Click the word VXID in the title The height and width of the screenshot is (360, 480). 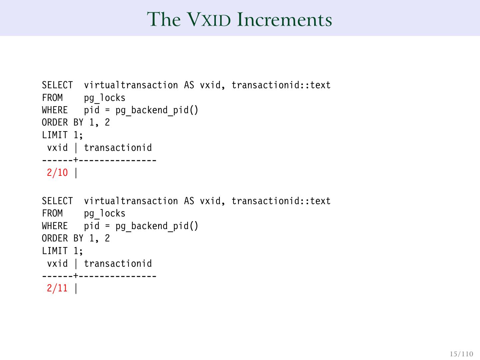click(x=208, y=19)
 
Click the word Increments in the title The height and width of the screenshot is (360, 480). click(x=284, y=19)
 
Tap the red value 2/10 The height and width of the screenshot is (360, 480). click(x=57, y=173)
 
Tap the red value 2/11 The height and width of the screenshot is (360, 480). click(x=57, y=288)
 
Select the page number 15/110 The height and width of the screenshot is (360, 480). click(x=461, y=354)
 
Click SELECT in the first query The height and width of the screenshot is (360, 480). click(x=57, y=85)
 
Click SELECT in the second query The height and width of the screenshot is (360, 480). click(x=57, y=201)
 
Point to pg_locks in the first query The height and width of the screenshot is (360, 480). click(x=105, y=98)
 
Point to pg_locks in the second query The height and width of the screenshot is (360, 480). click(x=105, y=213)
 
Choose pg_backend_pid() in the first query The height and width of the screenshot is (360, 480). click(x=157, y=110)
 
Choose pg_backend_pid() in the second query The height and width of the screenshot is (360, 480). click(x=157, y=226)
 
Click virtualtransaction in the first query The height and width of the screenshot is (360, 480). click(x=131, y=85)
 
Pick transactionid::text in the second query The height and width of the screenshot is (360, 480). click(x=281, y=201)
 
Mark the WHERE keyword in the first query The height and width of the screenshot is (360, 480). click(x=55, y=110)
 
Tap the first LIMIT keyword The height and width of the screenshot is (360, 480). click(x=55, y=135)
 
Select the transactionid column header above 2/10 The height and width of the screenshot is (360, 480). click(x=118, y=148)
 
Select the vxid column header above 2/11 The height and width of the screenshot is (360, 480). click(x=57, y=264)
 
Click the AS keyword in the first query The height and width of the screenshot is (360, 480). click(x=189, y=85)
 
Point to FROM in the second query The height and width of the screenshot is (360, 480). click(x=52, y=213)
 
